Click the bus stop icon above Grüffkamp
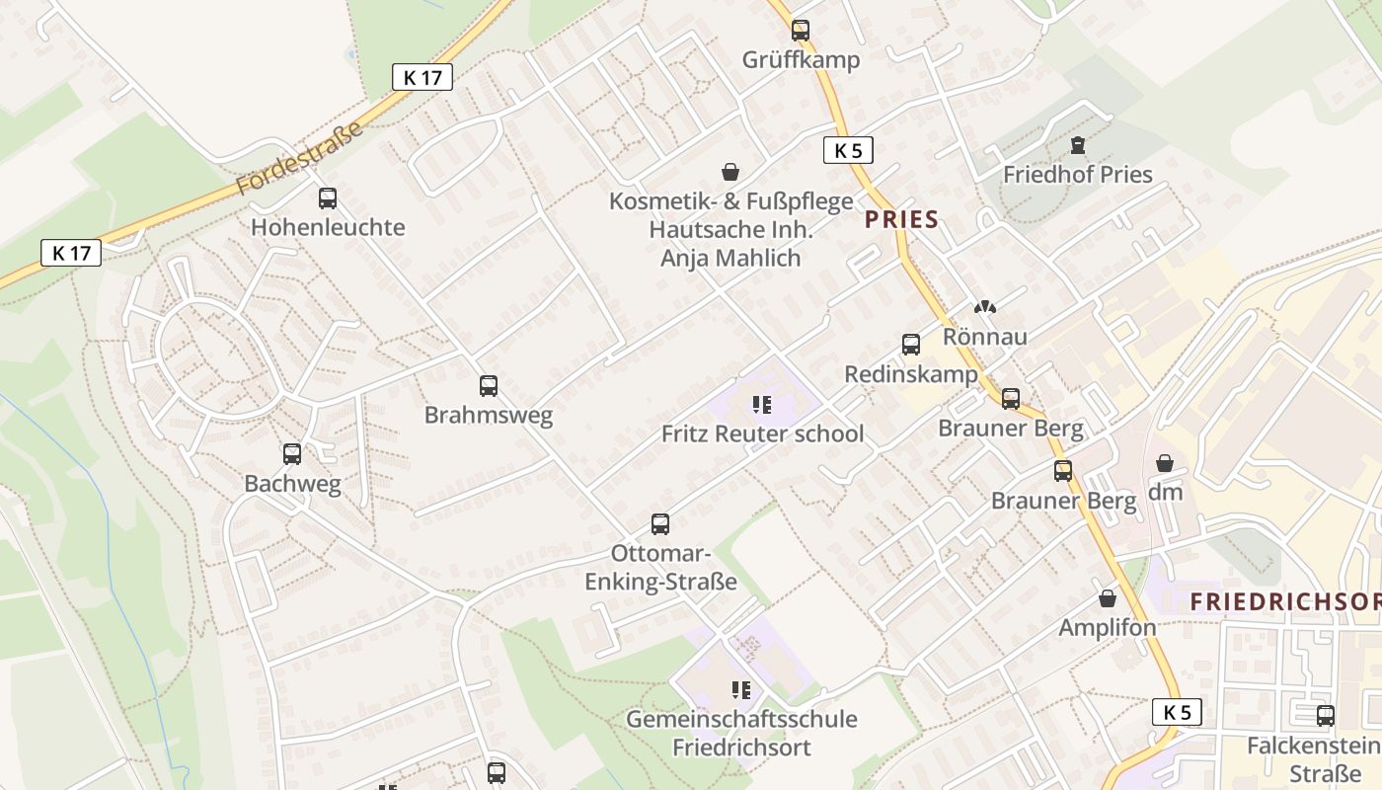[801, 31]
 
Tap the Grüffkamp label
[801, 60]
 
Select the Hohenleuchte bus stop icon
[328, 198]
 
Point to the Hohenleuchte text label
[328, 227]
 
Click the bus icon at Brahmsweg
[488, 386]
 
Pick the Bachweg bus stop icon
[292, 454]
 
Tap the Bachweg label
[292, 484]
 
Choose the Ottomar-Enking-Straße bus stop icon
[660, 524]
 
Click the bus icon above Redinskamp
[911, 345]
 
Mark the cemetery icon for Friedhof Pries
[1078, 146]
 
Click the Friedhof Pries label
[1078, 175]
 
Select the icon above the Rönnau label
[984, 308]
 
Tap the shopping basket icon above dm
[1165, 463]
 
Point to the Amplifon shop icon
[1108, 598]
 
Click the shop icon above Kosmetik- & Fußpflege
[730, 173]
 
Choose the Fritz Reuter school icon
[762, 404]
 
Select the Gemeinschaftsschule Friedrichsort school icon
[741, 689]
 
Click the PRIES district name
[901, 219]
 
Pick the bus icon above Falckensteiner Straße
[1325, 716]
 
